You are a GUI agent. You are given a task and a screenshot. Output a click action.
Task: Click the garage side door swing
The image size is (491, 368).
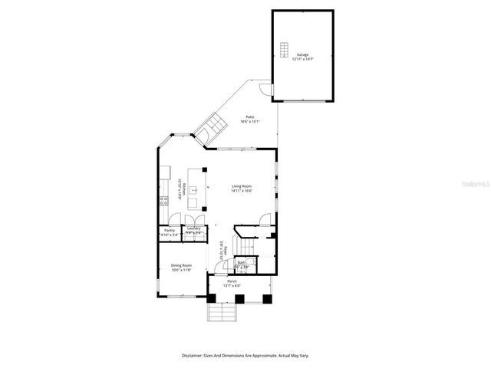[264, 91]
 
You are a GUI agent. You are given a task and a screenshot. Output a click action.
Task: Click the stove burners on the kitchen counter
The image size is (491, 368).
[163, 202]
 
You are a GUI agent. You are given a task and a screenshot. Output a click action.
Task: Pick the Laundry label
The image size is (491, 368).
[193, 229]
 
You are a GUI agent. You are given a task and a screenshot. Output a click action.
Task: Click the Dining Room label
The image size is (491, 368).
[181, 268]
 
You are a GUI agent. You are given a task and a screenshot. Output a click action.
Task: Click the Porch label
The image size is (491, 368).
[232, 283]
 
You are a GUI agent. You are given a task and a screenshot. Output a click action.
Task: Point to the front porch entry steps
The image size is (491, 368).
[221, 314]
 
